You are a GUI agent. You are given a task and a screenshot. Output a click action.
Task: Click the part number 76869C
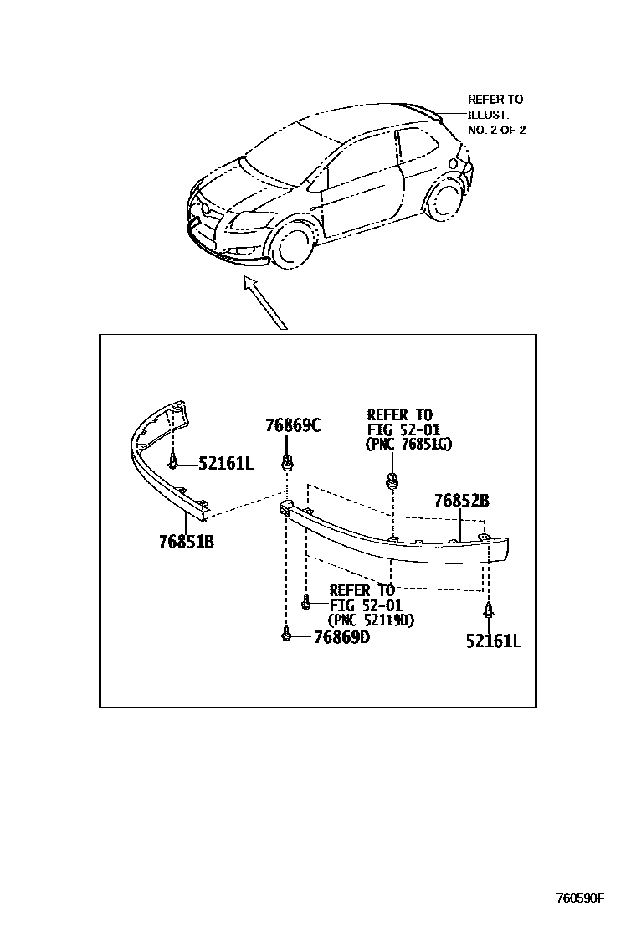click(293, 425)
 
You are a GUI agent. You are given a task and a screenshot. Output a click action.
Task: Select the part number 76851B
click(187, 542)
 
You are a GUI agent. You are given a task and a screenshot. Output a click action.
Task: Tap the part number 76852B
click(461, 502)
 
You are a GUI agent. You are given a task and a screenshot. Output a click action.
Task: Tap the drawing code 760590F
click(580, 899)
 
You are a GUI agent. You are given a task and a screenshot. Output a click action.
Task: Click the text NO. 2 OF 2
click(496, 130)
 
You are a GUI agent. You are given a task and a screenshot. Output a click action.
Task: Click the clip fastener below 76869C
click(288, 461)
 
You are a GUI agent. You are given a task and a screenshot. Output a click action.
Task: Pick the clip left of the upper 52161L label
click(173, 461)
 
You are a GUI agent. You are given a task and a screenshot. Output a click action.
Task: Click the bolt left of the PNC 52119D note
click(307, 599)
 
